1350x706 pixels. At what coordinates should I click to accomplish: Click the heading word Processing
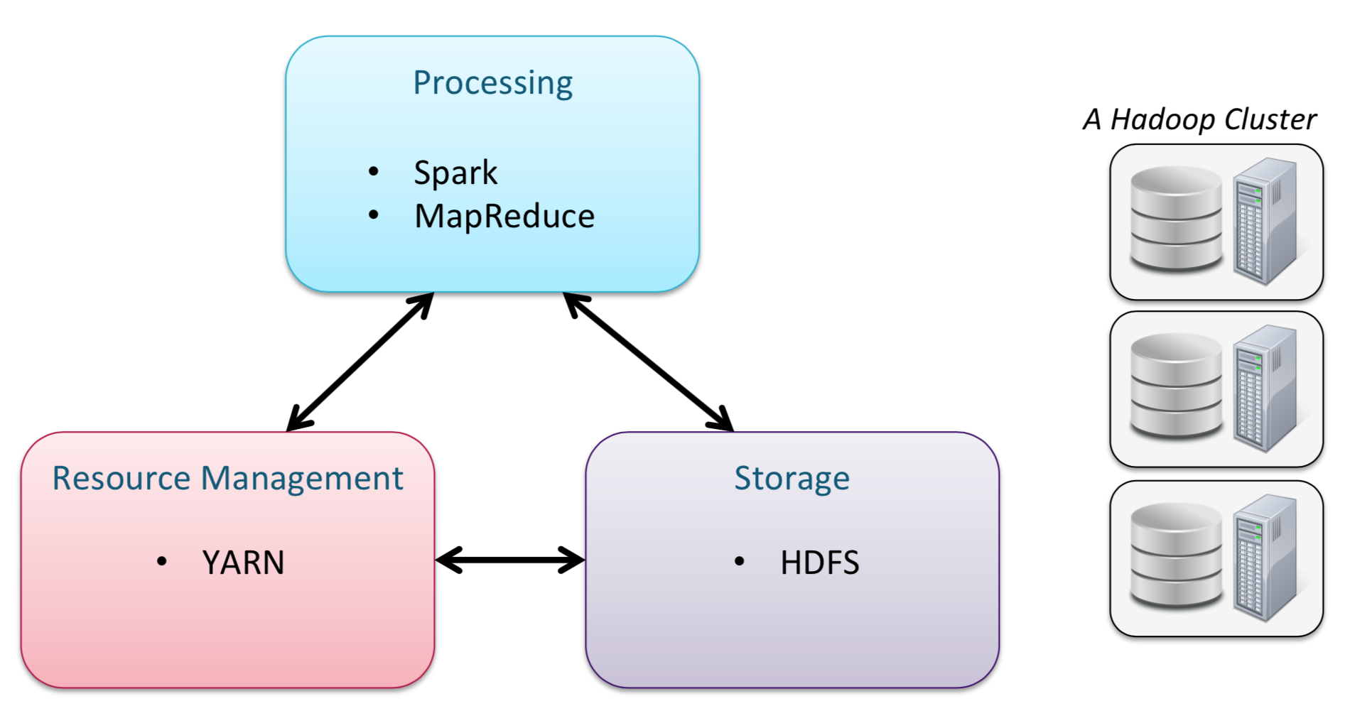[492, 83]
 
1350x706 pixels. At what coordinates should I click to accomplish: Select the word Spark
[455, 173]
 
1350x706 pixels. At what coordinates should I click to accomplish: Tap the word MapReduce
[504, 216]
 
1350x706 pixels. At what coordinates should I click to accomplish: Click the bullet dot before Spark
[374, 171]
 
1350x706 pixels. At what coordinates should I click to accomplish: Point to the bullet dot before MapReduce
[374, 214]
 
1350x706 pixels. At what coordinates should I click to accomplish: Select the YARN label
[243, 563]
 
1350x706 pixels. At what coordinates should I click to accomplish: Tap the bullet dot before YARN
[162, 562]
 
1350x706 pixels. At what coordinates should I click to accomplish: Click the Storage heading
[792, 478]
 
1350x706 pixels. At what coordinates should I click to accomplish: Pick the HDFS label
[819, 563]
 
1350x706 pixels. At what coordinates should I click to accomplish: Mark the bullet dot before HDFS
[740, 562]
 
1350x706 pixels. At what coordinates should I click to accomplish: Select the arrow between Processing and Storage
[648, 362]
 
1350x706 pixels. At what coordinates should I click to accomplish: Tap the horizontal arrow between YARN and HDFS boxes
[510, 560]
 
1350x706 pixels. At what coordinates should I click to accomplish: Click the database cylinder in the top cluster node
[1176, 218]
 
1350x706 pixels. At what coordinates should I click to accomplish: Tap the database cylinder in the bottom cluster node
[1176, 555]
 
